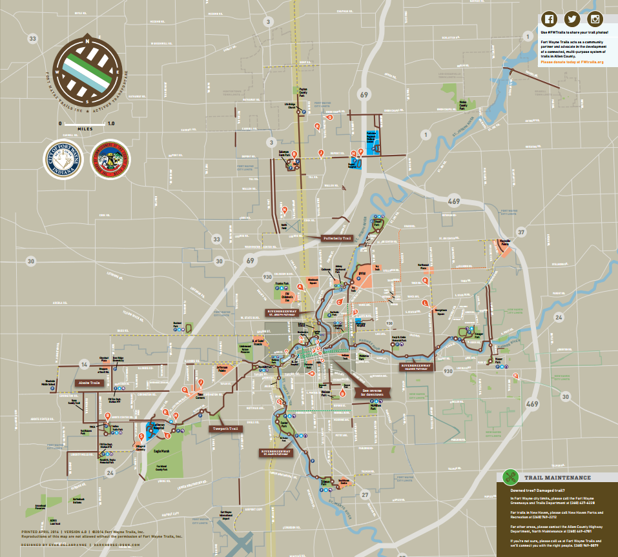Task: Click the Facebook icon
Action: click(x=549, y=19)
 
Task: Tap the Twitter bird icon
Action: click(x=573, y=19)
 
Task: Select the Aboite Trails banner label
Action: click(x=88, y=383)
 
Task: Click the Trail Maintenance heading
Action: click(x=557, y=478)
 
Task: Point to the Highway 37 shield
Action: click(x=521, y=232)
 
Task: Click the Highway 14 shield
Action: click(x=84, y=364)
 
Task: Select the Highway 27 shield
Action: click(x=364, y=494)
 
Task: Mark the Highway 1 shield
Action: click(x=425, y=134)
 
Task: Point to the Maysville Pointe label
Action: click(x=506, y=242)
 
